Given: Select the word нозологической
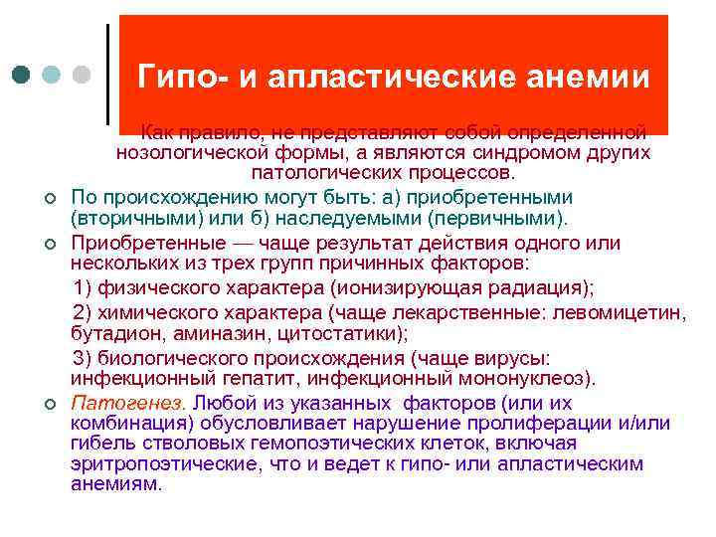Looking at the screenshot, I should (193, 152).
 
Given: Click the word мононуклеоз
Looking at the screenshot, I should (528, 378).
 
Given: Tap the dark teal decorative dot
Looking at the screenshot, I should (23, 75).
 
